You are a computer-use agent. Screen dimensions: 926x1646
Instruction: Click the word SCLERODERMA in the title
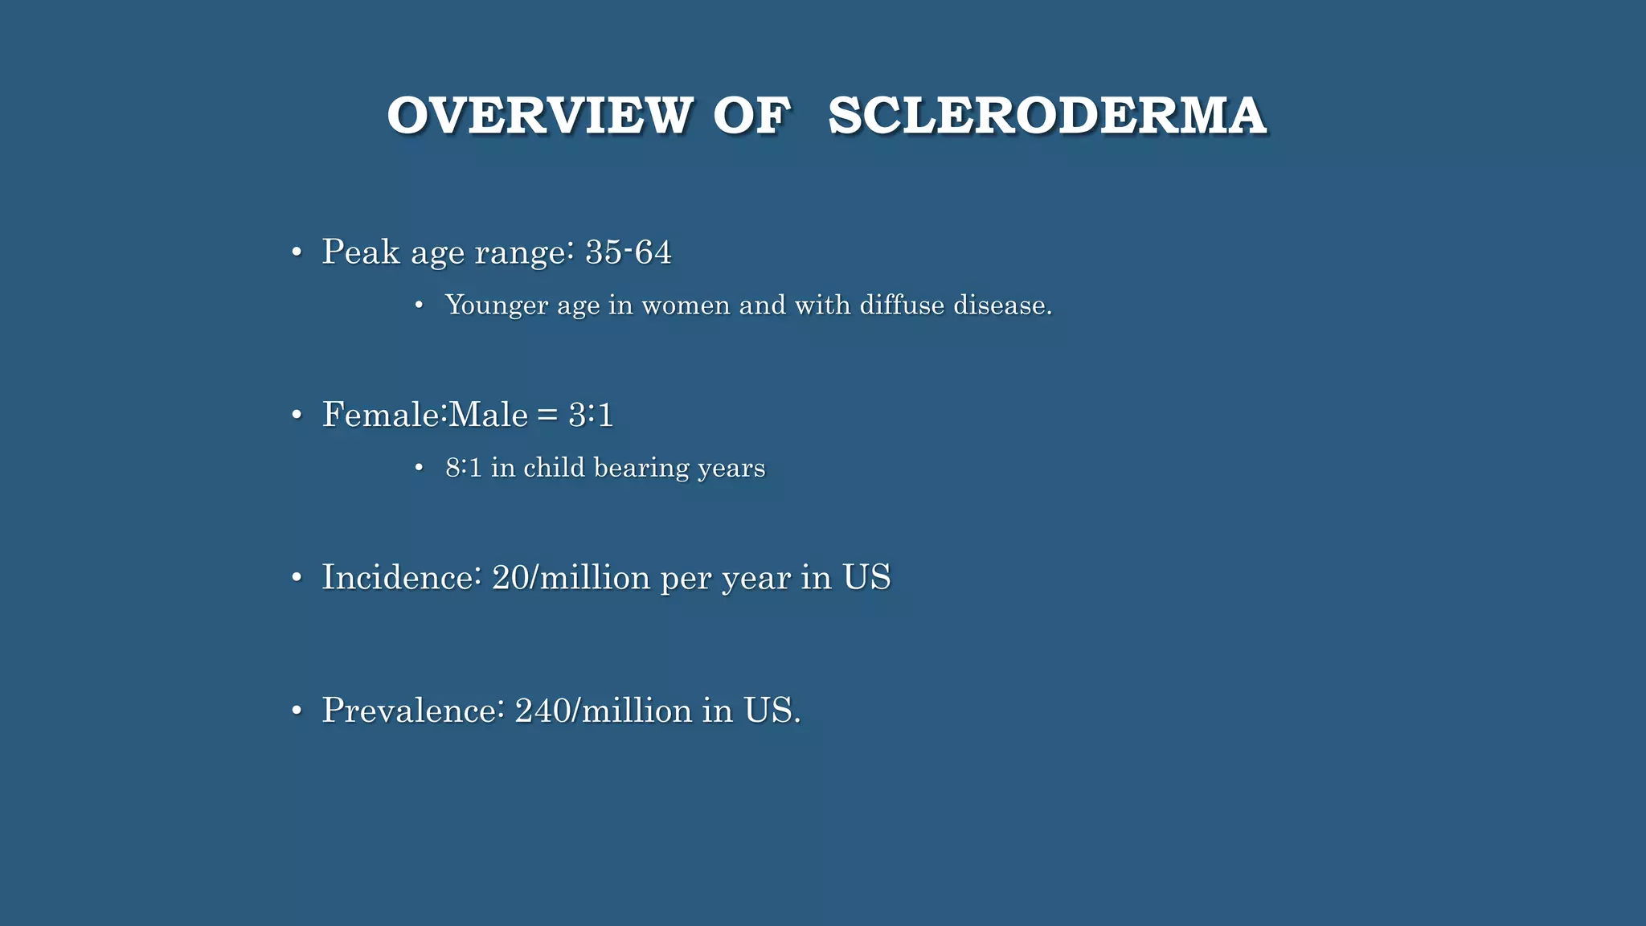[1047, 115]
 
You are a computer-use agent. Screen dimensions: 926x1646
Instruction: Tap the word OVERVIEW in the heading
[539, 115]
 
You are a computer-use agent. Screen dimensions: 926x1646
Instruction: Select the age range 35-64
[628, 252]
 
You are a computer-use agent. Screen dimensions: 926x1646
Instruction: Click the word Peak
[361, 252]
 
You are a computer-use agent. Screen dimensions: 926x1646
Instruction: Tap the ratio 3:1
[591, 416]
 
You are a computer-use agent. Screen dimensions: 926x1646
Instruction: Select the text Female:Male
[425, 416]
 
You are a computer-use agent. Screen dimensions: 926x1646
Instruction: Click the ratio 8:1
[464, 468]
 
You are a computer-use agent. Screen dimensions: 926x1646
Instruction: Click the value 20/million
[571, 578]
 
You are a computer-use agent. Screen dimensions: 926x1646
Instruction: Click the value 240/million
[603, 711]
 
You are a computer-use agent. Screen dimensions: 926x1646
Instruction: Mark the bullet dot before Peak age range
[297, 253]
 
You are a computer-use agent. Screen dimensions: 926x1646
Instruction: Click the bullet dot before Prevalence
[297, 711]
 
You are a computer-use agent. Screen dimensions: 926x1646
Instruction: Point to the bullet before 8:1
[419, 468]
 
